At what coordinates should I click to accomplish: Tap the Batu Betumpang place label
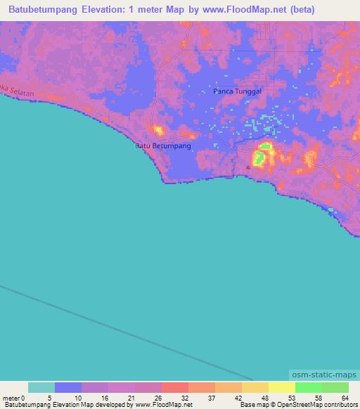click(x=162, y=146)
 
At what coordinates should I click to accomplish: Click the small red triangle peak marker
click(x=247, y=167)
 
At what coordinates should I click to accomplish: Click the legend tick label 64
click(x=345, y=397)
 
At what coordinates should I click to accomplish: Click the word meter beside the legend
click(x=12, y=397)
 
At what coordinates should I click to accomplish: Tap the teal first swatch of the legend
click(x=41, y=387)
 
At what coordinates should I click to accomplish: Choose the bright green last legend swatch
click(x=335, y=387)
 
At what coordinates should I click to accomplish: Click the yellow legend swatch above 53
click(x=281, y=387)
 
